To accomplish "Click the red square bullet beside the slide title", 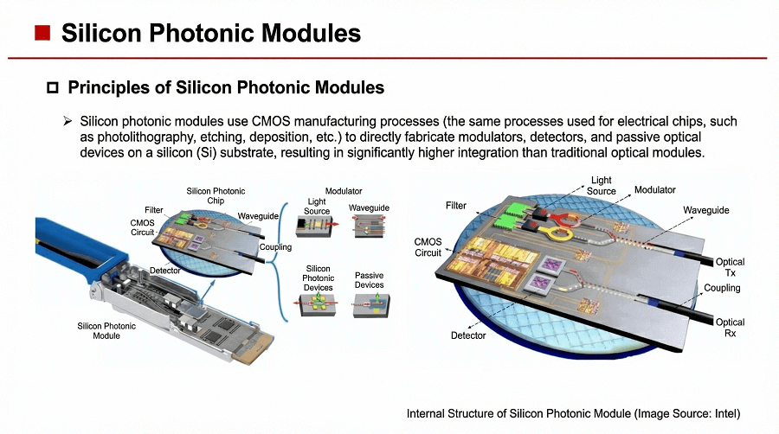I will [x=41, y=34].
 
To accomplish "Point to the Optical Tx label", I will [x=730, y=267].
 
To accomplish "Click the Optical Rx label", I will [x=730, y=328].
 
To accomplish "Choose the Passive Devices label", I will [x=369, y=280].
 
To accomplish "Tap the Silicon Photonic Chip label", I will [x=216, y=195].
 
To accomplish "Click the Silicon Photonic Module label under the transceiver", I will [x=106, y=330].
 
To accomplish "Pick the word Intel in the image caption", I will [x=725, y=413].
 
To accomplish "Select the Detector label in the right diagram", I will [x=467, y=335].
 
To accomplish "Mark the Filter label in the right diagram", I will [x=456, y=206].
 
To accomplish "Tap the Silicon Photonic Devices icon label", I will [x=319, y=278].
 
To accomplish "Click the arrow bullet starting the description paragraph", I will [x=67, y=122].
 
